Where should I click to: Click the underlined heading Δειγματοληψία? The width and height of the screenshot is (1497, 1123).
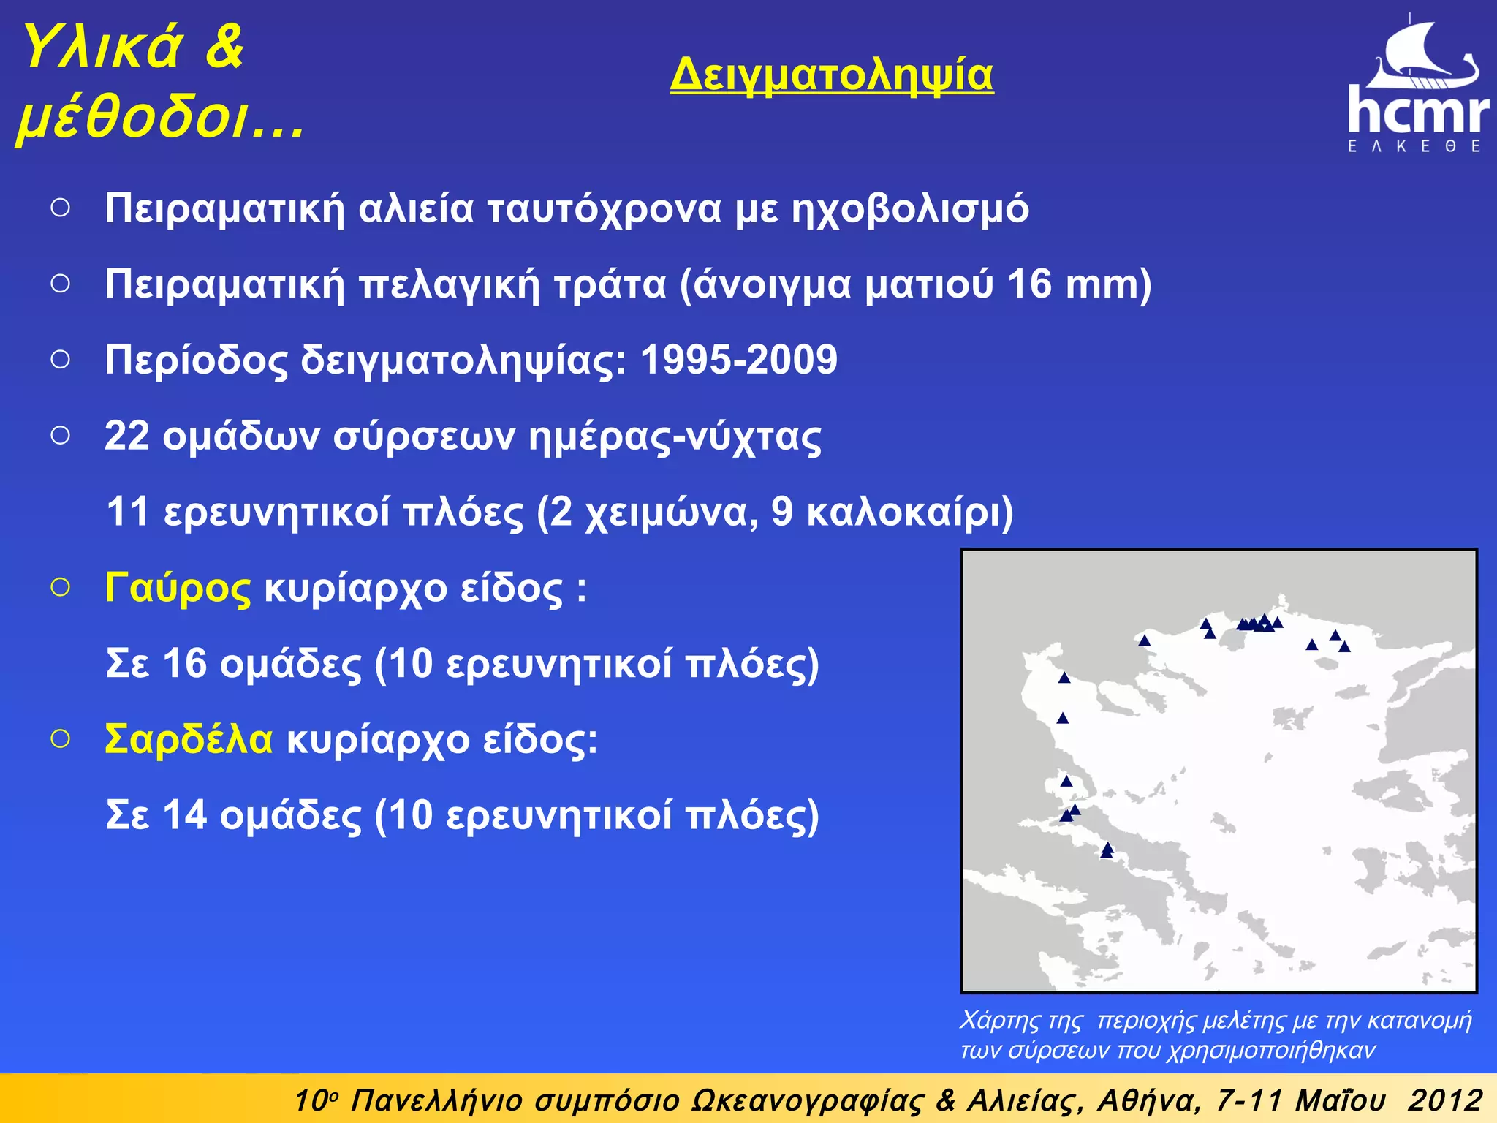pyautogui.click(x=831, y=75)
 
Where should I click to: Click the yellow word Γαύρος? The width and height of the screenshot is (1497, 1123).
pyautogui.click(x=178, y=588)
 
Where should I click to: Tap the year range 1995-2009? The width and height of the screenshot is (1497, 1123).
pyautogui.click(x=738, y=359)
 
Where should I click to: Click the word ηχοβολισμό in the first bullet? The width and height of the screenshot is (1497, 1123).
pyautogui.click(x=910, y=208)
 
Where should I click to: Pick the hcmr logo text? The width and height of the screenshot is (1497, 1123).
pyautogui.click(x=1417, y=110)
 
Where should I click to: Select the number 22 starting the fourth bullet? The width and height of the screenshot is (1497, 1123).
pyautogui.click(x=126, y=436)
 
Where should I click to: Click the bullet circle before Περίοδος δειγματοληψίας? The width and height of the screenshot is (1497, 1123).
pyautogui.click(x=61, y=359)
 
